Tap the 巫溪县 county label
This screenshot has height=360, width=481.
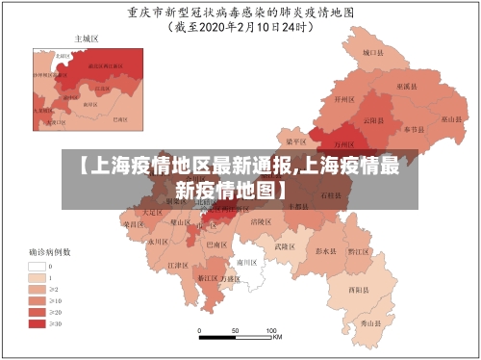point(409,87)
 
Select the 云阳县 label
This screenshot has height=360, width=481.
point(373,120)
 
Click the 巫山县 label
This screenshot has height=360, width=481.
point(452,119)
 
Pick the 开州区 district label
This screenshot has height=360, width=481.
point(344,98)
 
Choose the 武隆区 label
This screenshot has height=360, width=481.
point(285,246)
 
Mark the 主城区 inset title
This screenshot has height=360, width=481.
point(87,39)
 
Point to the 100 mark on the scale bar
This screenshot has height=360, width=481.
point(272,330)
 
